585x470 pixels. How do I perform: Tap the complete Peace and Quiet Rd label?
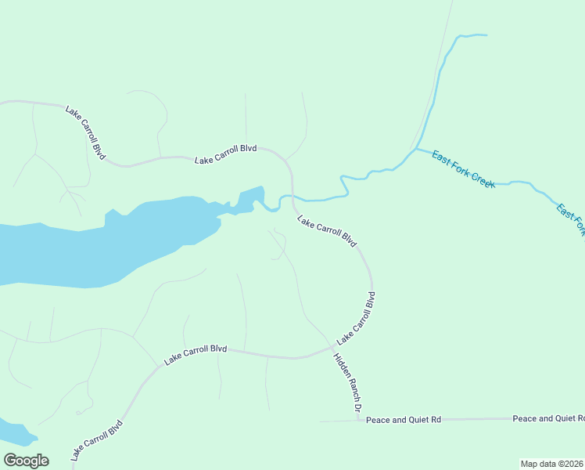click(404, 420)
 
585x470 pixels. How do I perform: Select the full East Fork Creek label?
click(464, 168)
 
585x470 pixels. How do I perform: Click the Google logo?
click(26, 461)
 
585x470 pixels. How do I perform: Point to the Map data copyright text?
click(551, 463)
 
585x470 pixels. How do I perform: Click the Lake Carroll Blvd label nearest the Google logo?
click(96, 441)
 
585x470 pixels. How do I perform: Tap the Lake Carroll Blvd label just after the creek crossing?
click(327, 233)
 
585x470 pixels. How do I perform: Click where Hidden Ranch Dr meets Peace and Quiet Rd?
click(359, 420)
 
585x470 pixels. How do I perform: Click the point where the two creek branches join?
click(415, 148)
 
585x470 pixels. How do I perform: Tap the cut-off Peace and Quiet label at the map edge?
click(547, 418)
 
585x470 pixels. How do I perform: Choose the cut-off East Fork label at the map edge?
click(570, 219)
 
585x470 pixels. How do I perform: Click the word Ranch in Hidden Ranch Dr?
click(348, 384)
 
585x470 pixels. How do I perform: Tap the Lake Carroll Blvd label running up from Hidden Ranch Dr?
click(357, 319)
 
